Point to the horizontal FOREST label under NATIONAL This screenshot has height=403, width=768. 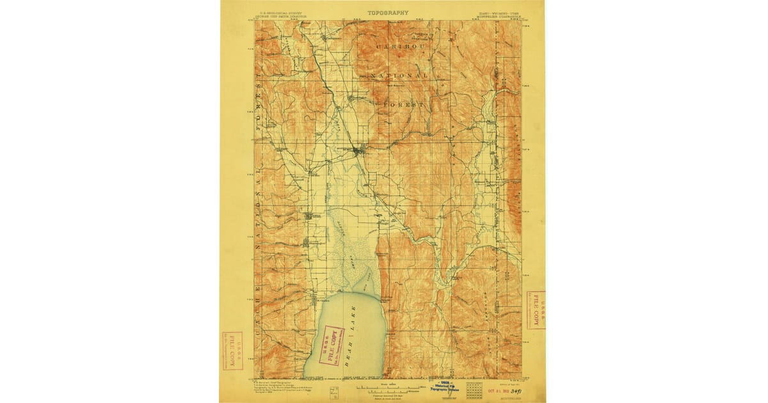tap(403, 103)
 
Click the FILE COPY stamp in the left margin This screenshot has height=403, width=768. tap(232, 350)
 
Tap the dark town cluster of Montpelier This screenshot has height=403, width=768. tap(358, 152)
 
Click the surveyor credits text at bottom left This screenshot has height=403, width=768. tap(280, 389)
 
